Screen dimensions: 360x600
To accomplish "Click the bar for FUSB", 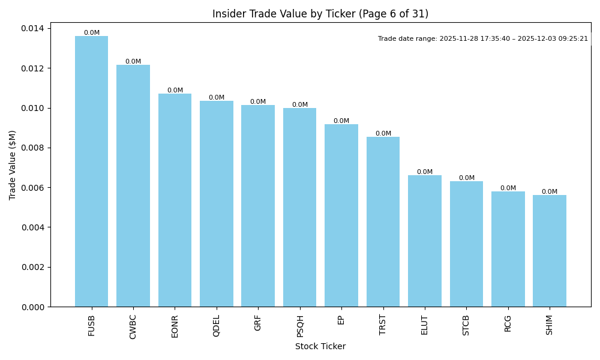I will coord(91,171).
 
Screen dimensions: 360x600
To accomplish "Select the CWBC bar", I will coord(133,185).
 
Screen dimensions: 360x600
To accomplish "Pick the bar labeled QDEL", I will coord(217,203).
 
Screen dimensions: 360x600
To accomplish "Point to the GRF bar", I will coord(258,206).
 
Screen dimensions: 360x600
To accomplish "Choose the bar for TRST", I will coord(383,221).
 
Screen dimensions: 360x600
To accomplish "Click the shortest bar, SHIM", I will coord(550,251).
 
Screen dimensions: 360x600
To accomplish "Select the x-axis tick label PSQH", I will coord(300,326).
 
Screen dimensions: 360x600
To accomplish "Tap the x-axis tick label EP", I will coord(341,320).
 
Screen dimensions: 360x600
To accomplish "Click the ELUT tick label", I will coord(425,325).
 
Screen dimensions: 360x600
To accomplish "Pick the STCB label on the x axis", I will coord(466,325).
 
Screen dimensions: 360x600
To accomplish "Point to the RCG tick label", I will coord(508,323).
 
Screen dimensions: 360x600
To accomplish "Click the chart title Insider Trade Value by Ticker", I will coord(320,14).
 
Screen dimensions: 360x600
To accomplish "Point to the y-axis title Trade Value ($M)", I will coord(13,165).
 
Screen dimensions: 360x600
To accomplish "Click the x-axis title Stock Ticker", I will coord(320,346).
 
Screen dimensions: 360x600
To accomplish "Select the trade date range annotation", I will coord(483,38).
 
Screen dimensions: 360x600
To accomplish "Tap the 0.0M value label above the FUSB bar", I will coord(92,33).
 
